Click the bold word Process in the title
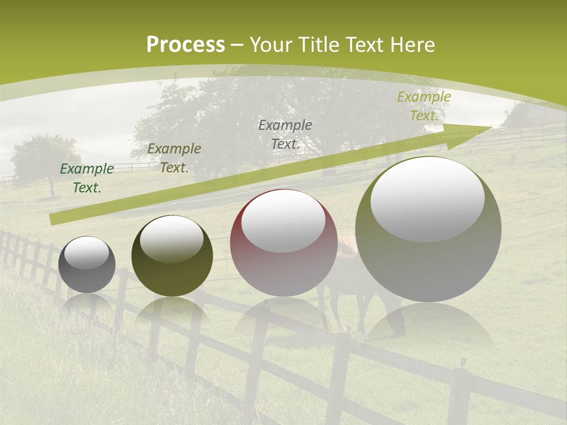coord(185,45)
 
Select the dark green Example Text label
coord(87,178)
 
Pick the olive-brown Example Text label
coord(174,158)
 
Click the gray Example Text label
coord(285,134)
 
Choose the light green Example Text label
coord(423,106)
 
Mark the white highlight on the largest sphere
coord(427,198)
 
